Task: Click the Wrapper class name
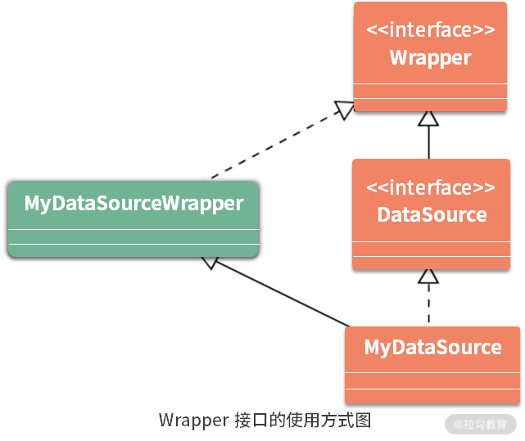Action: tap(430, 58)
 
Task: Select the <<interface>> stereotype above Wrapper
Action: tap(430, 31)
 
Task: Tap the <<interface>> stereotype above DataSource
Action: tap(430, 188)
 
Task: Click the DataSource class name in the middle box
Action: tap(432, 215)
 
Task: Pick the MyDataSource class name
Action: tap(432, 347)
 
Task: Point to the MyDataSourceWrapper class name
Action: tap(134, 203)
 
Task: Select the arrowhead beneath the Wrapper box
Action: tap(428, 118)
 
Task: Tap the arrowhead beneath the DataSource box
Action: tap(428, 276)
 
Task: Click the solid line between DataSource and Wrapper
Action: tap(428, 143)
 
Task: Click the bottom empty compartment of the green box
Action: tap(134, 250)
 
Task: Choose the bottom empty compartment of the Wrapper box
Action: tap(430, 104)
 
